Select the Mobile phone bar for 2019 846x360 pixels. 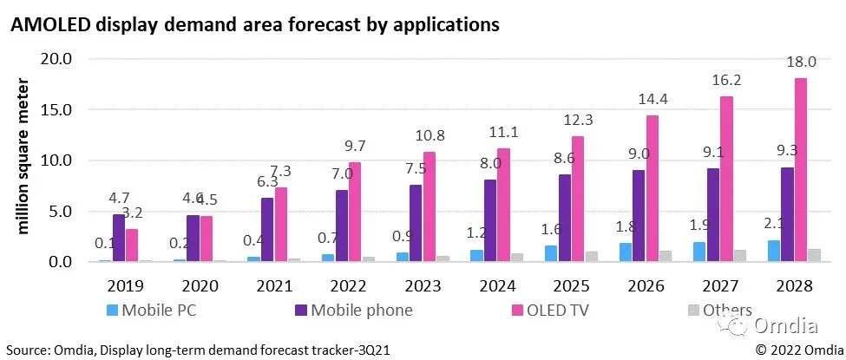(119, 238)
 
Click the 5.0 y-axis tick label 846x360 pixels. (62, 211)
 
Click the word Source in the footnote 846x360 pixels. (26, 350)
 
